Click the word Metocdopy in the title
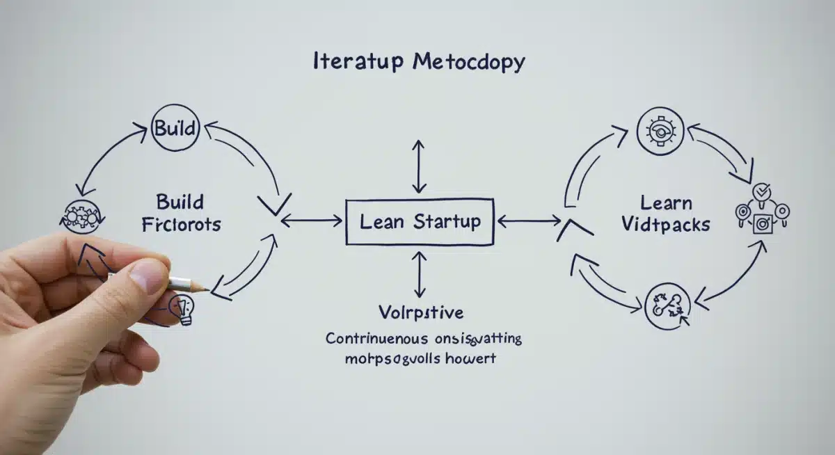468,63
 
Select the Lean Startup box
420,222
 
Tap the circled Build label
175,129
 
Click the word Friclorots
180,225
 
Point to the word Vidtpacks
666,225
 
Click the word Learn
666,203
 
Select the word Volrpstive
420,310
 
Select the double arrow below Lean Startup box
419,276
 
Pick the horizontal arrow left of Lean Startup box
311,222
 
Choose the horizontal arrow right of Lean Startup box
530,222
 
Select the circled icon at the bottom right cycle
667,307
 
